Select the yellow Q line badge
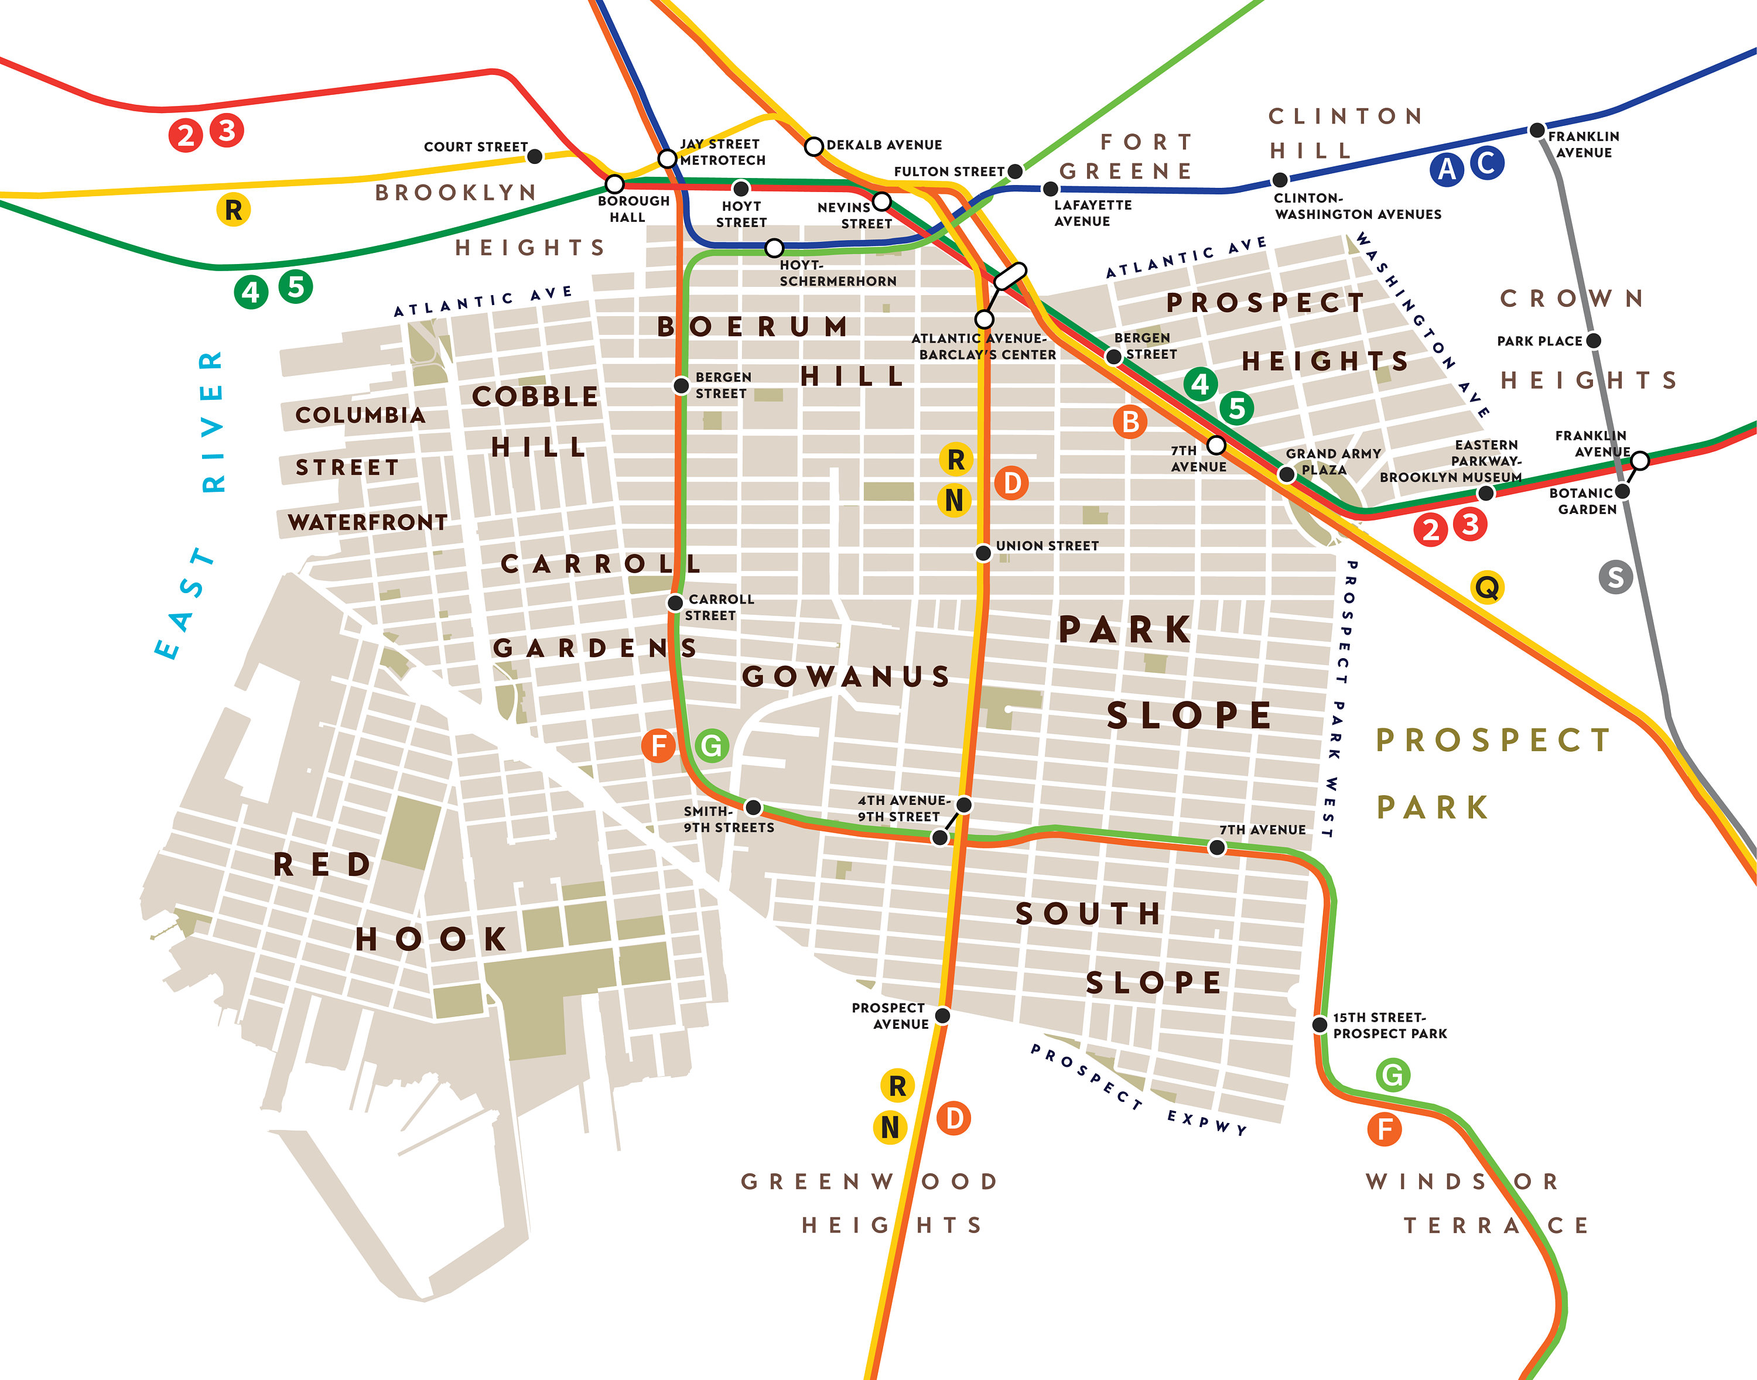click(1488, 587)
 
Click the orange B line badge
click(1130, 422)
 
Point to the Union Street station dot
click(983, 553)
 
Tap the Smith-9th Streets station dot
click(753, 807)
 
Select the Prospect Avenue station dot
click(942, 1015)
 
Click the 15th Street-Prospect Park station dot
click(1320, 1025)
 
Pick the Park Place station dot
click(1594, 340)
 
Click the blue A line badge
click(1447, 169)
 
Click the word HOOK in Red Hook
click(432, 939)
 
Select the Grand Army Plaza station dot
click(1287, 475)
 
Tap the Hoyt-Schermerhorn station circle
click(774, 247)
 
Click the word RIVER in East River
click(213, 421)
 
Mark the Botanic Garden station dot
click(1622, 491)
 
